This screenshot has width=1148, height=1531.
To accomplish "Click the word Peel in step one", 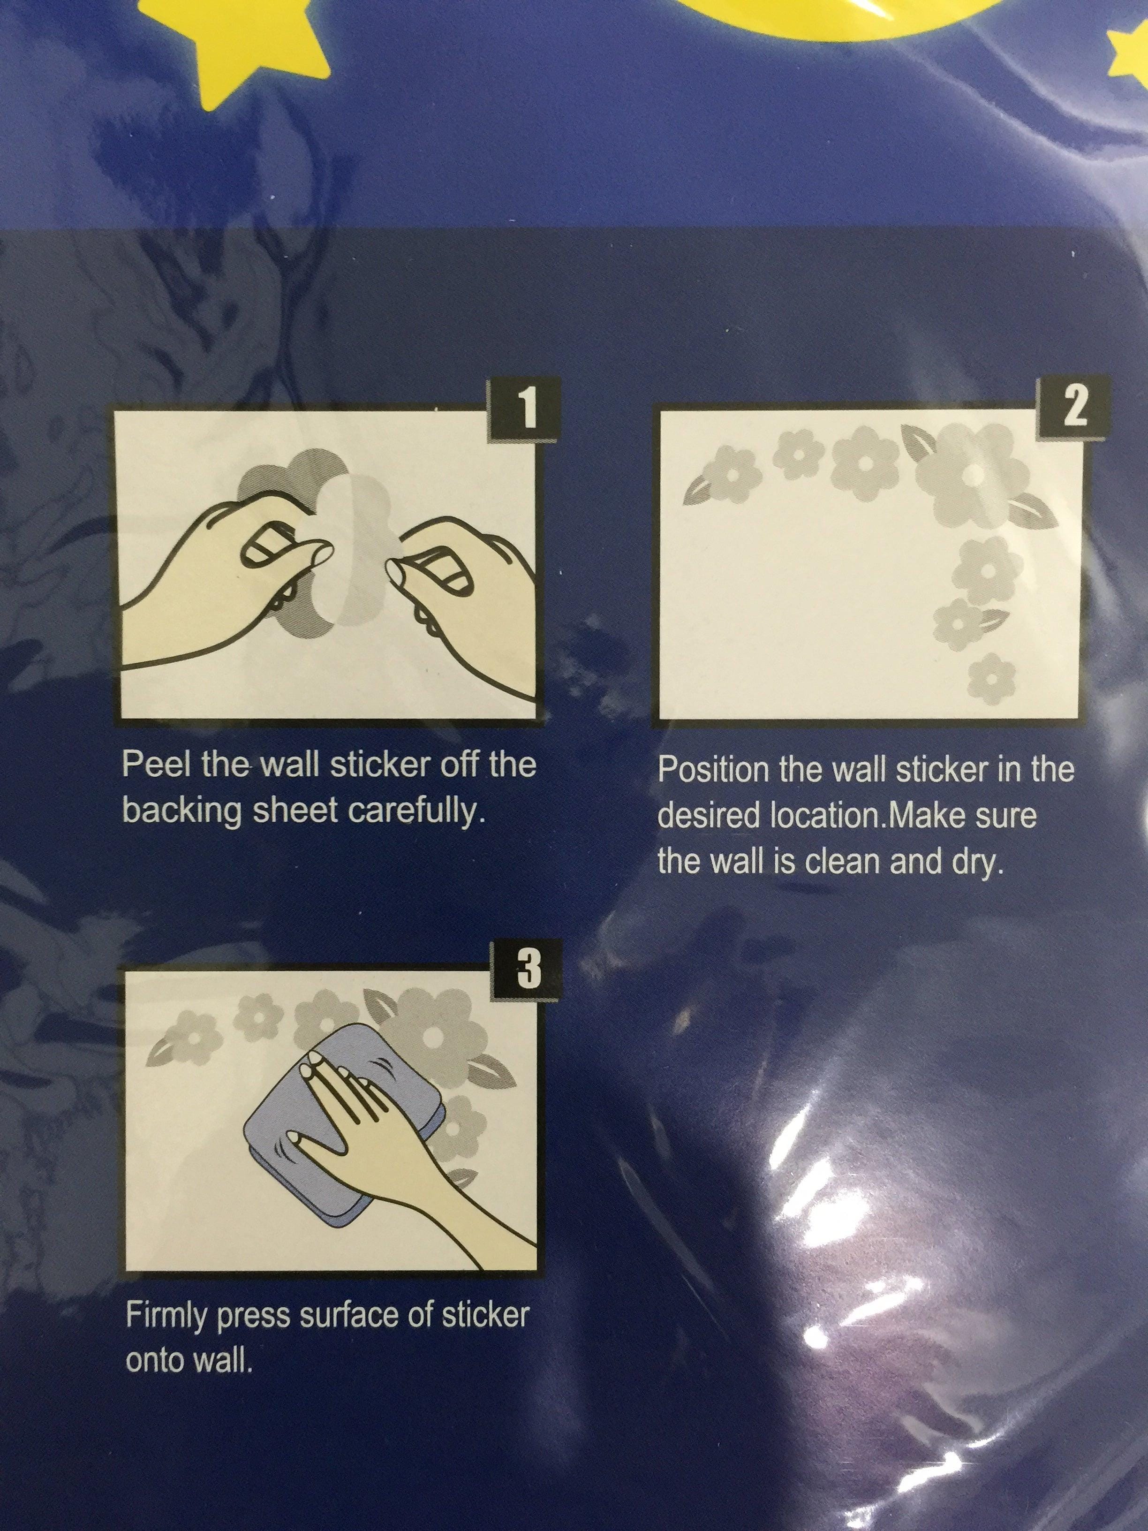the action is [x=156, y=765].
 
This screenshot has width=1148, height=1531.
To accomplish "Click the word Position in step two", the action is [x=714, y=770].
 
